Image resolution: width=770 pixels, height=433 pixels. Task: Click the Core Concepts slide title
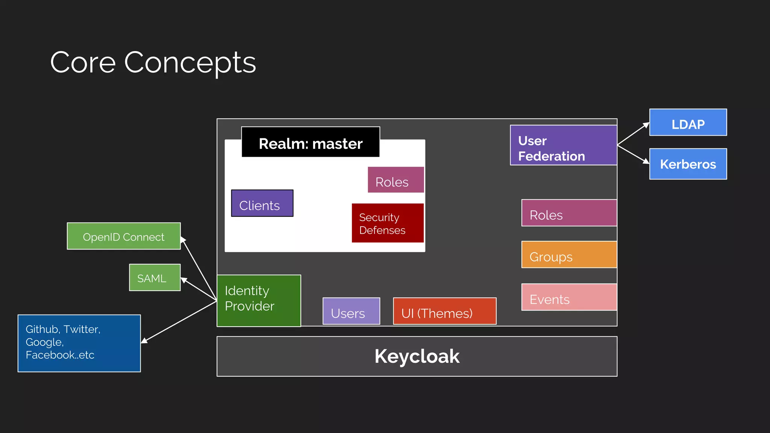(153, 62)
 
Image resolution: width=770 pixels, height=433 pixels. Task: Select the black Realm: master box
(311, 142)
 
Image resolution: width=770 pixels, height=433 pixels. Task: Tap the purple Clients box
(262, 203)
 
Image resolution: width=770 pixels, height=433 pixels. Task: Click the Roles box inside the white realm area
(396, 180)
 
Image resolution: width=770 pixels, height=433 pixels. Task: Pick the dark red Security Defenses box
(388, 223)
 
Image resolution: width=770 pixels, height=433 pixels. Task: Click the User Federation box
(563, 145)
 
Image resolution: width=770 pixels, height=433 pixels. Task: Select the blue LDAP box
(688, 123)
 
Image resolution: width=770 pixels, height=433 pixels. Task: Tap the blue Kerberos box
(688, 164)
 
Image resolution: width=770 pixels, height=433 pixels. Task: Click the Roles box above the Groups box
(568, 213)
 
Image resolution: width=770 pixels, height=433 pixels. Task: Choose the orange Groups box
(568, 255)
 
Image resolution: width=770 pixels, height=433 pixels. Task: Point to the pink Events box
(568, 297)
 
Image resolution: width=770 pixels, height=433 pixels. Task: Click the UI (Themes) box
(444, 311)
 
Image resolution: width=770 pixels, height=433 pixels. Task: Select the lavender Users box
(351, 311)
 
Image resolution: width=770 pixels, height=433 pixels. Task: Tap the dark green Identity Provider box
(259, 301)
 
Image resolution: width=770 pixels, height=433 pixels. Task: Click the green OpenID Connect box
(124, 236)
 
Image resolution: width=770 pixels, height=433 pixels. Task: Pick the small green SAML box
(155, 278)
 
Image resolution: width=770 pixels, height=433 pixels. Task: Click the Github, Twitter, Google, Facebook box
(79, 343)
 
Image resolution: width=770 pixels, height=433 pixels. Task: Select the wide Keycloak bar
(417, 356)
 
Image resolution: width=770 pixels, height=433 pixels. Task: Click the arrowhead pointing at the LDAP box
(646, 125)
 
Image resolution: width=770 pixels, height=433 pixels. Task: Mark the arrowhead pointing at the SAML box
(184, 280)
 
